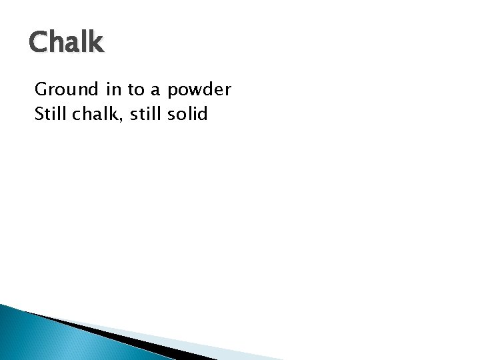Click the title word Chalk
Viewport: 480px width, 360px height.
coord(66,43)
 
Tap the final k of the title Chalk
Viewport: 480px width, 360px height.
coord(96,43)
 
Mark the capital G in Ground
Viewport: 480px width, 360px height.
coord(41,89)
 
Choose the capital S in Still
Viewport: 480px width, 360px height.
coord(39,114)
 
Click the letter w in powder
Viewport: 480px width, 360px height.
coord(195,91)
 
